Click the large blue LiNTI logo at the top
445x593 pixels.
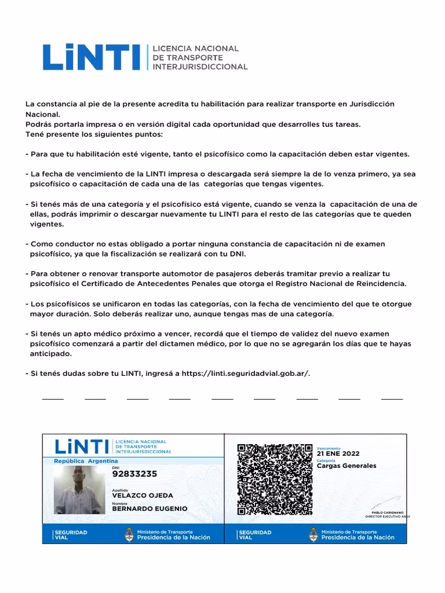[91, 57]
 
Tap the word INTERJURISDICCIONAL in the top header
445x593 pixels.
[199, 67]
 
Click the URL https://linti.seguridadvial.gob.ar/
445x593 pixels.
[245, 374]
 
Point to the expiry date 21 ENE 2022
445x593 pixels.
[338, 453]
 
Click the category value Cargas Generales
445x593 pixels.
[346, 466]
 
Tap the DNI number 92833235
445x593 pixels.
[134, 474]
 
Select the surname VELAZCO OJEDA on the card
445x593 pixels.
[142, 496]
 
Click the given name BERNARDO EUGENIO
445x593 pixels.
[149, 508]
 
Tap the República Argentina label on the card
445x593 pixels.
[85, 461]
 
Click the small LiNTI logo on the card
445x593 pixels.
[82, 446]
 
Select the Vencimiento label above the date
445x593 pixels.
[329, 448]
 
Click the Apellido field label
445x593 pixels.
[120, 490]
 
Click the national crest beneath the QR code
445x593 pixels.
[313, 534]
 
